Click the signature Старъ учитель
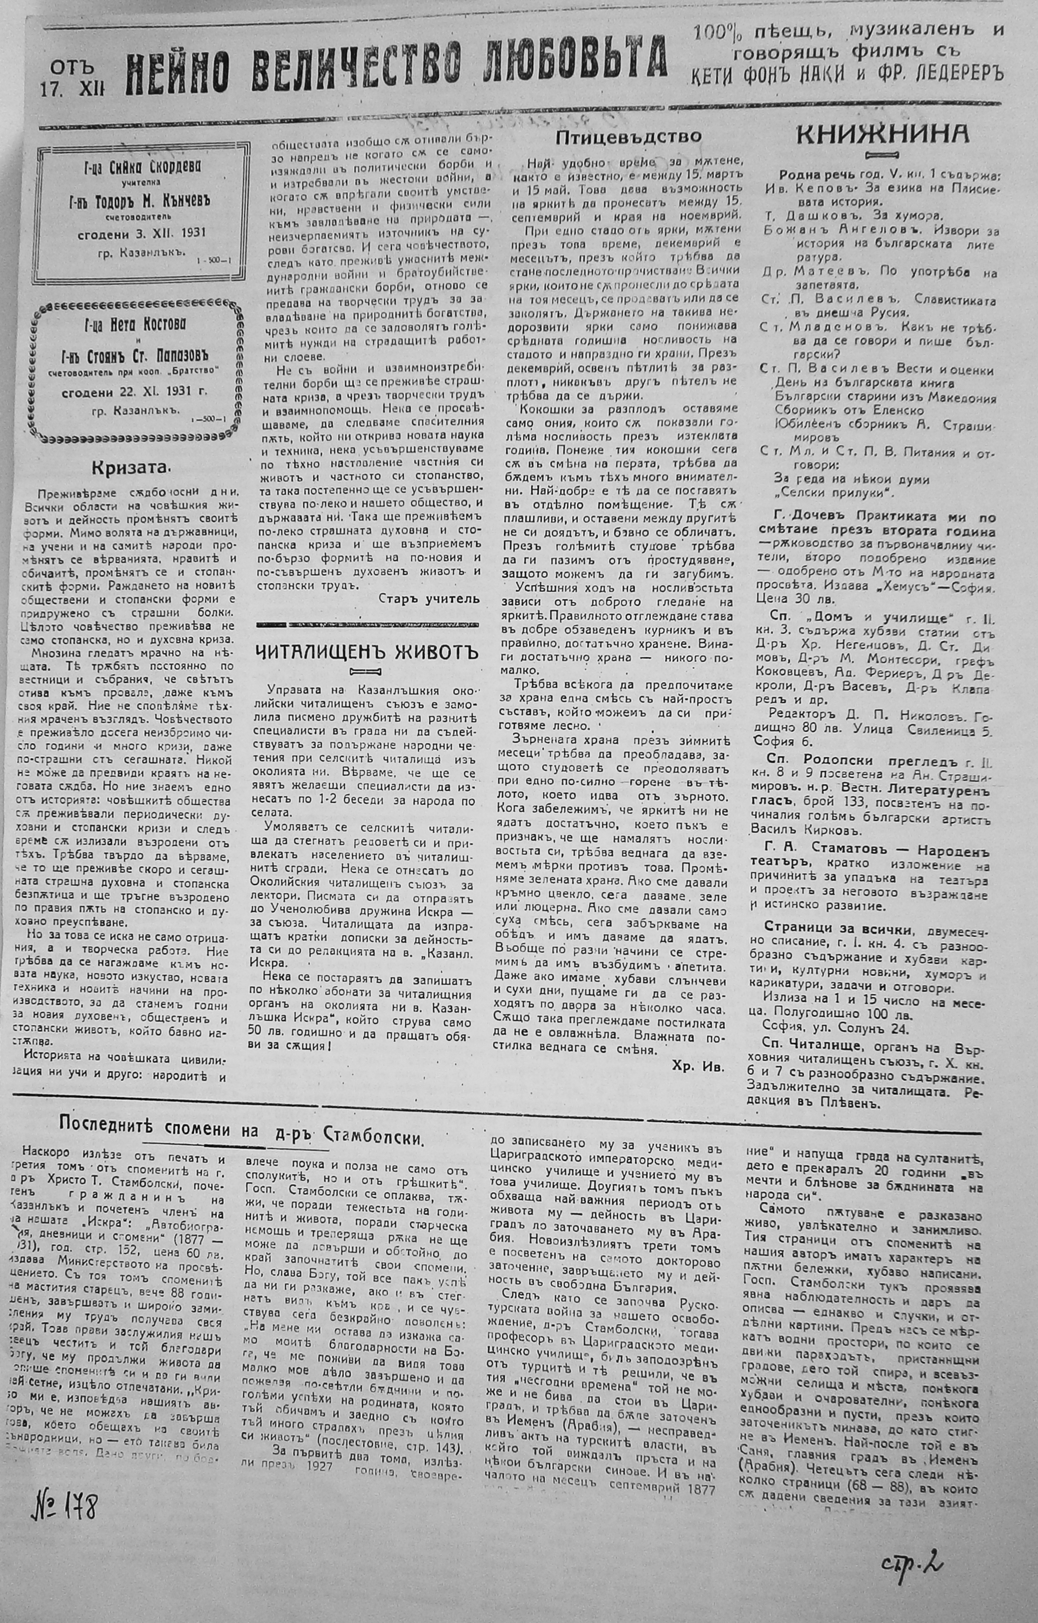coord(429,598)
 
